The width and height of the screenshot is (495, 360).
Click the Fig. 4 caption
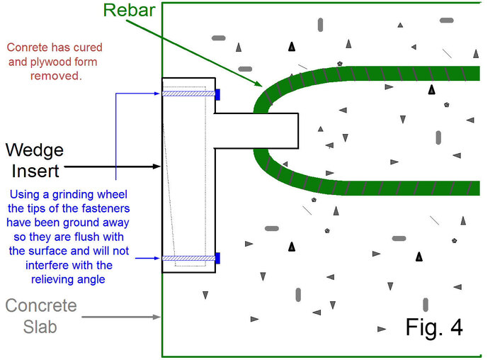coord(433,327)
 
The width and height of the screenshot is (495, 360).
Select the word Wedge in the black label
coord(35,150)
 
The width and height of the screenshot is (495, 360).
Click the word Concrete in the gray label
coord(41,306)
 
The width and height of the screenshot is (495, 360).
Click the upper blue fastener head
coord(218,94)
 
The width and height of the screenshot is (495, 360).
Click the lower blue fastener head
coord(218,258)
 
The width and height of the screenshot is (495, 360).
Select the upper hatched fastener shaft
coord(188,94)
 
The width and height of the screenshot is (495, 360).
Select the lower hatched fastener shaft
coord(188,258)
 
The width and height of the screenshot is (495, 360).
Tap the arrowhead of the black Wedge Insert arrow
coord(159,167)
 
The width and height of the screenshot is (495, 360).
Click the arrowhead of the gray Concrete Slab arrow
coord(159,317)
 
